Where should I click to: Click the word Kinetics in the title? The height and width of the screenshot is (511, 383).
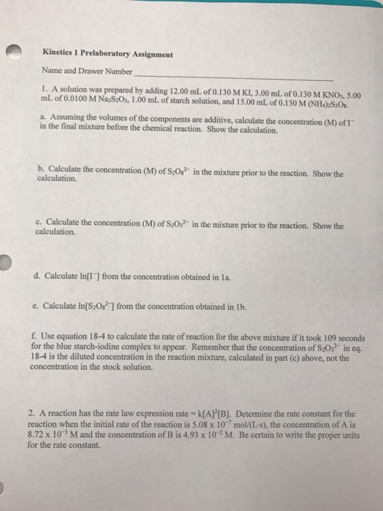pyautogui.click(x=60, y=54)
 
